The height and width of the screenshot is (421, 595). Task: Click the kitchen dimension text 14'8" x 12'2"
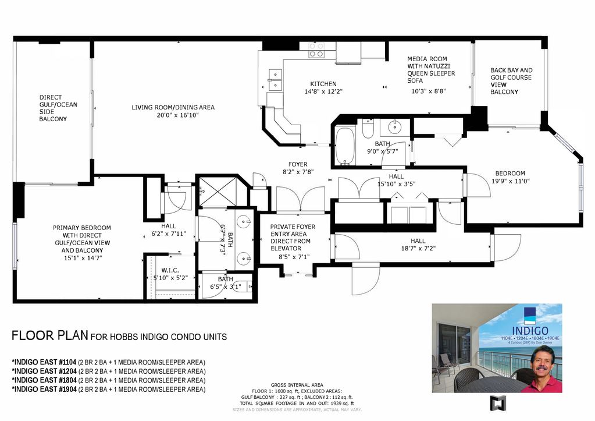point(323,91)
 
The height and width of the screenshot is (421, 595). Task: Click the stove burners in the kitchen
point(316,50)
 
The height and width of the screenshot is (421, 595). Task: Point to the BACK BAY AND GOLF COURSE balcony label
point(511,81)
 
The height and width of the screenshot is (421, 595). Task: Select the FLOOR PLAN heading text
point(50,336)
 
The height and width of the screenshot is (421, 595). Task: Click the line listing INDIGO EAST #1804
point(109,380)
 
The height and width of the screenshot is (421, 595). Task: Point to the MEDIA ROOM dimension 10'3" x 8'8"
point(429,91)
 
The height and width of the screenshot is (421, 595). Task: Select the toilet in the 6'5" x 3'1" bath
point(246,286)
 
